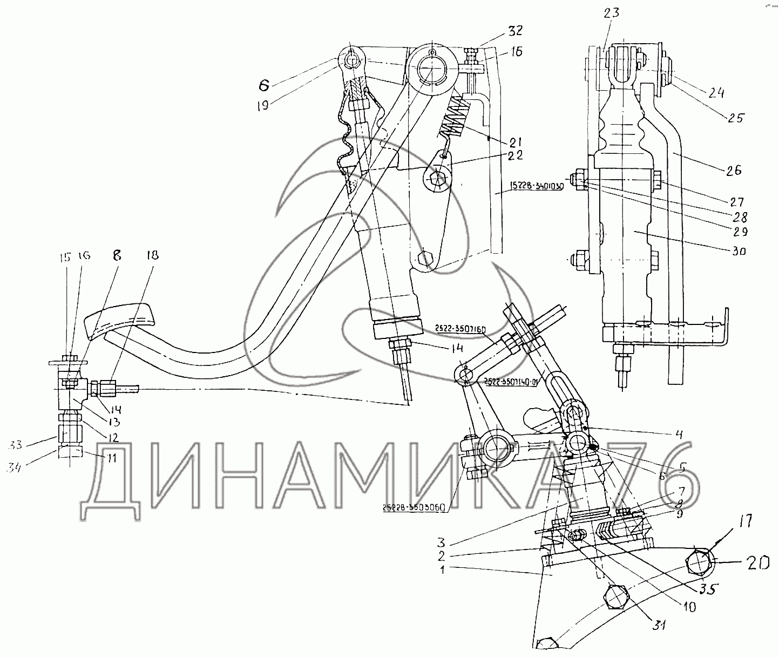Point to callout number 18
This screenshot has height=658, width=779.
(x=153, y=255)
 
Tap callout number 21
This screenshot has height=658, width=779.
(x=513, y=142)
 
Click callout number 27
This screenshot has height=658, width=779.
(x=737, y=202)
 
